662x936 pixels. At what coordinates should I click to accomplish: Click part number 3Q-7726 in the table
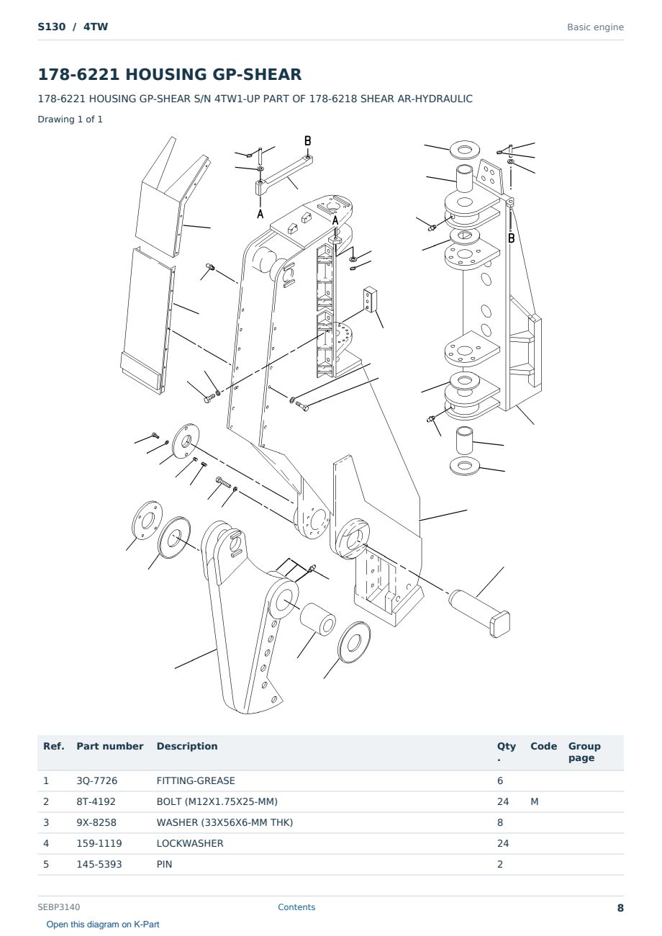(x=96, y=780)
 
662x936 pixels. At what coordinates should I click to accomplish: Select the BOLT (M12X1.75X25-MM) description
(x=217, y=801)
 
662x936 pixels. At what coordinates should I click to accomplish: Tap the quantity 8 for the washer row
(x=500, y=822)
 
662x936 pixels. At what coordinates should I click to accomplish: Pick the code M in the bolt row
(x=534, y=801)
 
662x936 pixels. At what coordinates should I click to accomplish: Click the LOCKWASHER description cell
(x=190, y=843)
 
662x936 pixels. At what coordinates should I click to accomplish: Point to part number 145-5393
(x=99, y=864)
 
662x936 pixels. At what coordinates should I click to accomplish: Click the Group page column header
(x=584, y=752)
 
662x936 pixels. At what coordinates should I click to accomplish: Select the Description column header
(x=187, y=747)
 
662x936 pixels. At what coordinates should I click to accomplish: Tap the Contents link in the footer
(x=296, y=907)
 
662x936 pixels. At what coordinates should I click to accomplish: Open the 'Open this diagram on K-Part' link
(x=103, y=924)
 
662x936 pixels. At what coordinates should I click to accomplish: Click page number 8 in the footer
(x=620, y=908)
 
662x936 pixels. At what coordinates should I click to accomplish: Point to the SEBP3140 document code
(x=59, y=907)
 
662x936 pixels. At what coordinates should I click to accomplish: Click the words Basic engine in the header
(x=595, y=27)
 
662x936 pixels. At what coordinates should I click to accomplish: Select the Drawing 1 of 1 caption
(x=71, y=119)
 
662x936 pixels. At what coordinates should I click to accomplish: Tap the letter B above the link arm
(x=308, y=141)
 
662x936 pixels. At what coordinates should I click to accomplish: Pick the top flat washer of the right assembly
(x=464, y=150)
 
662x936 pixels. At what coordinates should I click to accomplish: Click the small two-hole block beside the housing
(x=370, y=300)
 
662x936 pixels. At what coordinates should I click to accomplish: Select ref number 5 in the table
(x=46, y=864)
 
